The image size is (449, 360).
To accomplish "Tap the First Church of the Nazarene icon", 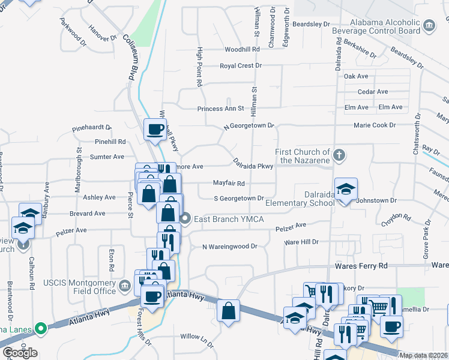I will (339, 155).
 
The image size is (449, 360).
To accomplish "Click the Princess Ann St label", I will (221, 109).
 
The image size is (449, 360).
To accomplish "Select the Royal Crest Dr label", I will (241, 65).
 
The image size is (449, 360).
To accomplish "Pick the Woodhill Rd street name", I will (242, 50).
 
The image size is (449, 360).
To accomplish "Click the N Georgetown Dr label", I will (249, 127).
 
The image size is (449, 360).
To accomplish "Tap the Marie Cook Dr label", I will (375, 125).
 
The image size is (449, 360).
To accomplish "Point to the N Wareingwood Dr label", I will (229, 246).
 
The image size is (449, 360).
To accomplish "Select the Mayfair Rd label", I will (229, 183).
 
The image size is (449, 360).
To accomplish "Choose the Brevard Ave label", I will (87, 213).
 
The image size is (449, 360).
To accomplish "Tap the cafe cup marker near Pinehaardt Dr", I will (155, 128).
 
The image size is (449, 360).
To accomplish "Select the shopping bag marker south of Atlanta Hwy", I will (228, 311).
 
